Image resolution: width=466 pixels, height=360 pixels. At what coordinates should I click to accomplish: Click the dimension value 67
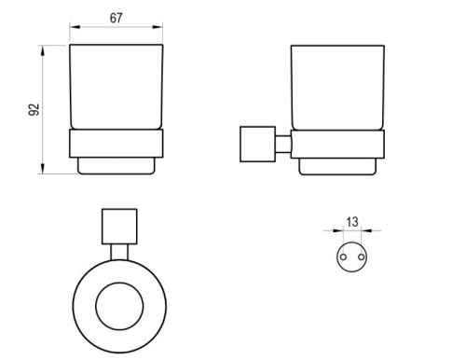116,18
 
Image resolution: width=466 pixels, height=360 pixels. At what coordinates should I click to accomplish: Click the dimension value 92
34,109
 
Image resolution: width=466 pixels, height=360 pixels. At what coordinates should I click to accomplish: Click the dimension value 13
352,222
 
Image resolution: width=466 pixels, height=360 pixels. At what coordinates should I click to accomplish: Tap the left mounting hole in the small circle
343,257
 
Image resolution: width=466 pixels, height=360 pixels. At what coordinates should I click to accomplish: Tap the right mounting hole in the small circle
361,257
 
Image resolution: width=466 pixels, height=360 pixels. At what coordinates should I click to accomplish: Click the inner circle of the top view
119,283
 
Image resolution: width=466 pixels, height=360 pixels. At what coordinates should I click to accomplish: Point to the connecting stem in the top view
119,252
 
